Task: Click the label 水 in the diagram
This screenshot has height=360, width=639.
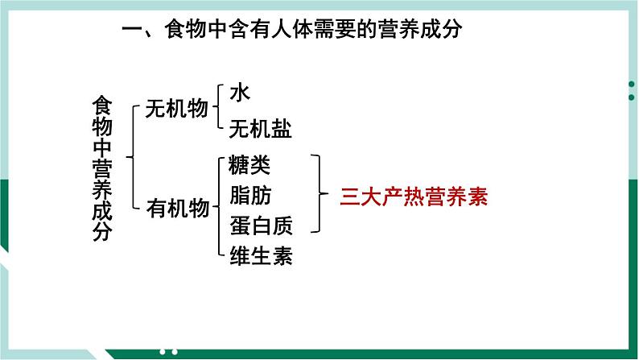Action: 240,93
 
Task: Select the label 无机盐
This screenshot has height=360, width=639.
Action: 260,129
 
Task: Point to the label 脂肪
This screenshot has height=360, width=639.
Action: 249,196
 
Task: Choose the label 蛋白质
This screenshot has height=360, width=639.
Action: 260,226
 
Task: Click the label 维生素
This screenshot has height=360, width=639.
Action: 260,256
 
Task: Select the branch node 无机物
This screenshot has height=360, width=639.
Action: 176,110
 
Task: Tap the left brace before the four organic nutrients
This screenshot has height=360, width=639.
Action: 218,209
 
